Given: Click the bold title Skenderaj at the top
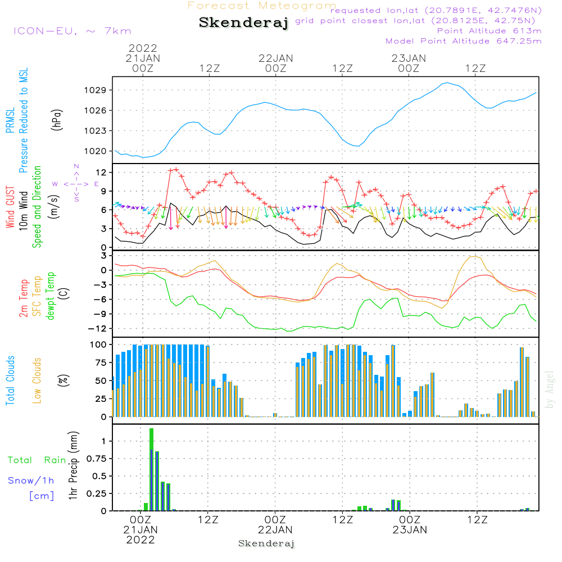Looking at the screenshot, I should (x=244, y=23).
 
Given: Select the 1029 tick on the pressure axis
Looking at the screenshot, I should (x=98, y=90).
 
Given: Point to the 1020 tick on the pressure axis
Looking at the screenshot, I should (x=98, y=151).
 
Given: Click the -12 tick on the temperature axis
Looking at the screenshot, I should (x=99, y=328).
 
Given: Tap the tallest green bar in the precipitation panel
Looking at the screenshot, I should (x=151, y=469).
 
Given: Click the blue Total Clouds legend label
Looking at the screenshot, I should (x=11, y=380).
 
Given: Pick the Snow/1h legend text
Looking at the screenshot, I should (x=31, y=481).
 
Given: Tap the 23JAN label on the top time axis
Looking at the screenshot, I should (x=409, y=58).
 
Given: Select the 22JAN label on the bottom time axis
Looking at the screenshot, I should (x=275, y=529).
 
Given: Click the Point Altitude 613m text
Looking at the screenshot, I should (x=489, y=30).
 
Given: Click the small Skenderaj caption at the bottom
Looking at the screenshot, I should (x=266, y=543).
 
